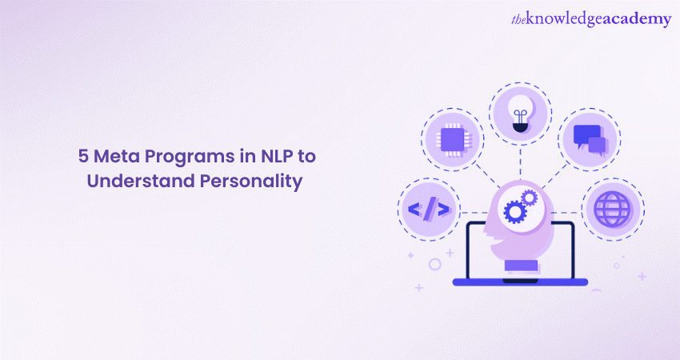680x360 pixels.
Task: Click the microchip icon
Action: tap(454, 138)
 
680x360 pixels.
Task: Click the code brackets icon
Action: tap(429, 210)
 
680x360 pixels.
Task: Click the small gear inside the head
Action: tap(529, 196)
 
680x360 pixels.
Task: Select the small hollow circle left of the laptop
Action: tap(434, 263)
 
